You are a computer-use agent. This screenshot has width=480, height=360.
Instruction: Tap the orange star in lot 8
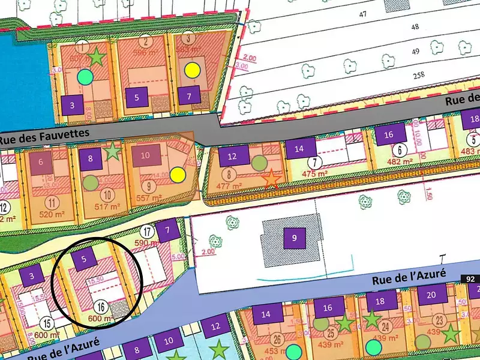271,178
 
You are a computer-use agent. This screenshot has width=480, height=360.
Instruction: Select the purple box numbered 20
432,295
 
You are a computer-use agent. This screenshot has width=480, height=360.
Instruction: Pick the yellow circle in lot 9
177,175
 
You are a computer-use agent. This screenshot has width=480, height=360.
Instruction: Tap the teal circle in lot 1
85,76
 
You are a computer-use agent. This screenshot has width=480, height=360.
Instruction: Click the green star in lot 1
96,57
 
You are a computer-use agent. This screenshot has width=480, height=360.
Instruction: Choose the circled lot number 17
146,230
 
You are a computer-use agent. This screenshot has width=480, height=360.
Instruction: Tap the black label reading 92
470,279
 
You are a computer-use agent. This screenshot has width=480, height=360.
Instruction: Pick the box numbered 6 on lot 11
41,162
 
